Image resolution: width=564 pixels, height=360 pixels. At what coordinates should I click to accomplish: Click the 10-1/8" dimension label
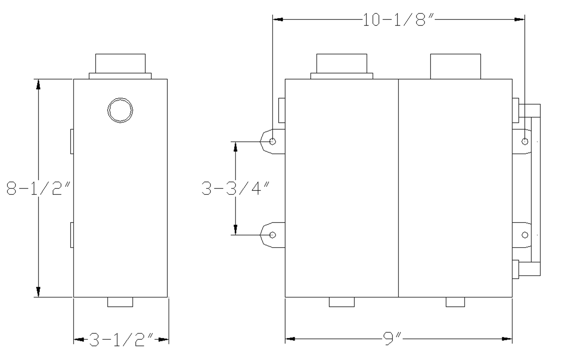[399, 20]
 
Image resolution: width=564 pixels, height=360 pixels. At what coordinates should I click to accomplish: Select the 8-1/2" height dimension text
[39, 188]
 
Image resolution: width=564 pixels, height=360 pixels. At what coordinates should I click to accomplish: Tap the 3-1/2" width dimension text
[121, 340]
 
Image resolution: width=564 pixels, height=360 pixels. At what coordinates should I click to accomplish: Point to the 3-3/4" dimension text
[236, 188]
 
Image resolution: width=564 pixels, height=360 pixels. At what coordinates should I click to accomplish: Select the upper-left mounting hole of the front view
[272, 142]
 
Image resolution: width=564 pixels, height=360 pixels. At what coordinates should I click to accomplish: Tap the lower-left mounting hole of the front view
[272, 235]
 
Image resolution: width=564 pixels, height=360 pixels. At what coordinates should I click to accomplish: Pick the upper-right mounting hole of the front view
[525, 142]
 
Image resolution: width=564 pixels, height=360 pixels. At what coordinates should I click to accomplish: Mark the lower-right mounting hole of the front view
[525, 235]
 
